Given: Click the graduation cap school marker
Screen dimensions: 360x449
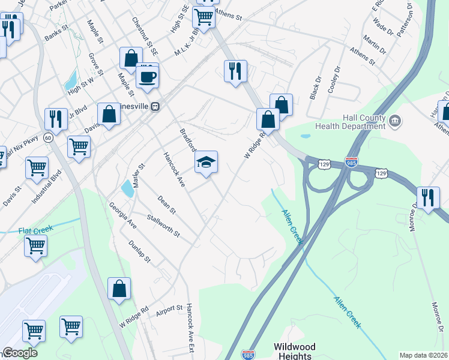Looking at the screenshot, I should point(206,163).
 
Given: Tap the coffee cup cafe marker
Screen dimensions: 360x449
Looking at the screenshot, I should point(147,77).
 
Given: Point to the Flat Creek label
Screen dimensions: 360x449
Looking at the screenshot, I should point(36,229).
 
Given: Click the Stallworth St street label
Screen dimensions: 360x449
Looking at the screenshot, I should point(163,224).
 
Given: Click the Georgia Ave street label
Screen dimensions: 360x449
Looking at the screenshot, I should point(123,214).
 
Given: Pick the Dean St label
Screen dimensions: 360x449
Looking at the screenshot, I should point(166,204).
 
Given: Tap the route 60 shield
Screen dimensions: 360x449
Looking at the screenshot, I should point(48,138).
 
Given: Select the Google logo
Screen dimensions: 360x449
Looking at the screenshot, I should point(20,353).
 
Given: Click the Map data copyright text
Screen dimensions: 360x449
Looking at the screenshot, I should point(424,355).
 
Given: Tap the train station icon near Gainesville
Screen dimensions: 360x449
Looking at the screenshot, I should point(155,106).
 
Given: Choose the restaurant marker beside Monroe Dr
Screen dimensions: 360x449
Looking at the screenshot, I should point(428,199).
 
